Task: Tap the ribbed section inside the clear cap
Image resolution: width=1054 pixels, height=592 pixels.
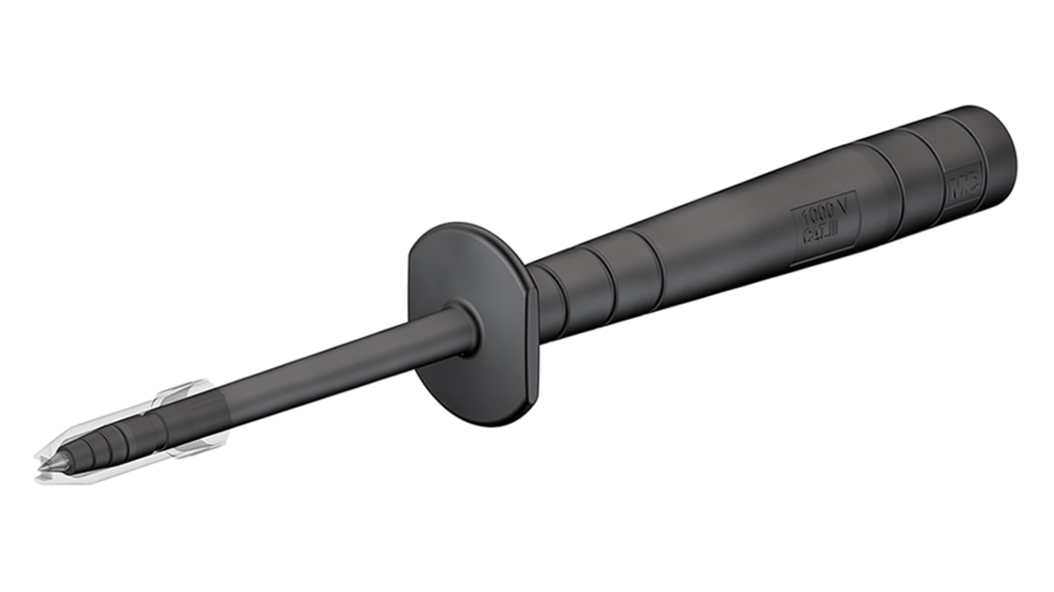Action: click(111, 442)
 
